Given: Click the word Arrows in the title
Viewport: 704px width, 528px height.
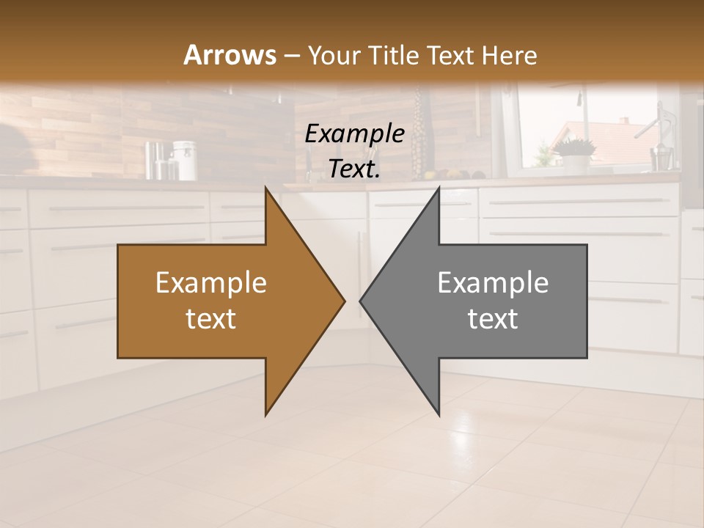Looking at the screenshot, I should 230,55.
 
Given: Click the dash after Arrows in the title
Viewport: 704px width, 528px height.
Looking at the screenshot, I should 291,56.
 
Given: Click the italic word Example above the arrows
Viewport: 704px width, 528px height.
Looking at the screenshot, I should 354,133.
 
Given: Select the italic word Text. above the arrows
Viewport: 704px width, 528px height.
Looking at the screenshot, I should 354,169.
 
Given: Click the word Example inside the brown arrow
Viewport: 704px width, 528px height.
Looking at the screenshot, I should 210,283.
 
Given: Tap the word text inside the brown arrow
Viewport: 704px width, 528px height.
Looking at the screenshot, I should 210,319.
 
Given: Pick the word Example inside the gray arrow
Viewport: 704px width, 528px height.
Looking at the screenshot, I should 493,283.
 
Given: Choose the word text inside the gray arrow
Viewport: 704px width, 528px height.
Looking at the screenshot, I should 493,319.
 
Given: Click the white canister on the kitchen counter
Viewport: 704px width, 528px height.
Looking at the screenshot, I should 185,161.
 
